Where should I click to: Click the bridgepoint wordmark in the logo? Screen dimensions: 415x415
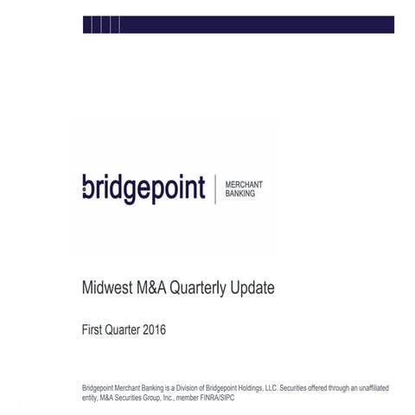[x=143, y=188]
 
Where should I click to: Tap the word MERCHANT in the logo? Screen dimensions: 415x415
[x=244, y=184]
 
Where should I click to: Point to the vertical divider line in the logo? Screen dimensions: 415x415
[x=214, y=188]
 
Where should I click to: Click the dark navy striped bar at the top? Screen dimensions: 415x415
[x=238, y=25]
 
